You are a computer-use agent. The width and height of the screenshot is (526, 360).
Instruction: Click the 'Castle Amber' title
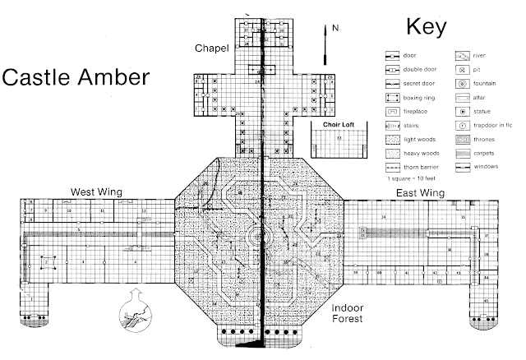(x=76, y=78)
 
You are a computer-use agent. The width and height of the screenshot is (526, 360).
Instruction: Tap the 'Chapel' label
(x=210, y=48)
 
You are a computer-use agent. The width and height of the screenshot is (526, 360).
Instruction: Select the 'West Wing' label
(x=96, y=192)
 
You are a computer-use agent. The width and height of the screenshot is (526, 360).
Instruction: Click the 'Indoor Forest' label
(x=354, y=315)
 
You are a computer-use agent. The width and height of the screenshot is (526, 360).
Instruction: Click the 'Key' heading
(x=427, y=27)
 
